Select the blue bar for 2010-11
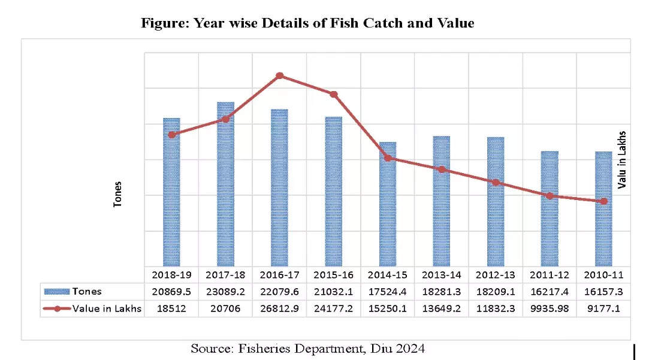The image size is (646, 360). click(x=603, y=210)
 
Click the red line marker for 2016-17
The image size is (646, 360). click(x=280, y=76)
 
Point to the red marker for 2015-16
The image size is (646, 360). click(x=334, y=94)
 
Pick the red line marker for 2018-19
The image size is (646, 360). click(x=172, y=135)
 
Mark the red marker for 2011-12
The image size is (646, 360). click(x=550, y=196)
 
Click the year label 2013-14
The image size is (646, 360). click(x=442, y=275)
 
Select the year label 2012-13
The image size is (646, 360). click(x=496, y=275)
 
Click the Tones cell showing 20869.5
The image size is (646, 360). click(x=171, y=292)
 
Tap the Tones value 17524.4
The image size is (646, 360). click(x=387, y=292)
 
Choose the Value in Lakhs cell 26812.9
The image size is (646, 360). click(x=279, y=309)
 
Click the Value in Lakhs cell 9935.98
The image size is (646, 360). click(x=550, y=309)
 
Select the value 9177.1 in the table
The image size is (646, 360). click(x=603, y=309)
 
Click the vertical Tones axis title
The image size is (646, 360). click(x=118, y=195)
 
